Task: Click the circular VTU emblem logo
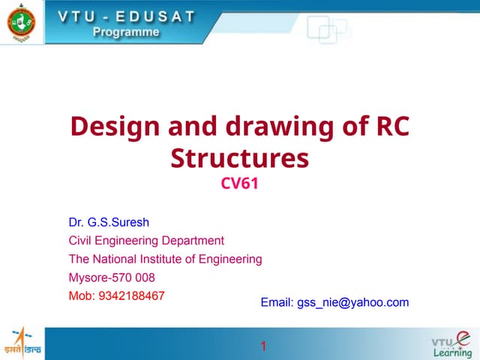(20, 22)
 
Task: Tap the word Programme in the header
(127, 31)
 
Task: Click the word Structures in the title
(239, 158)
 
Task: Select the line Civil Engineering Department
(146, 241)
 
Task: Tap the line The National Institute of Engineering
(165, 259)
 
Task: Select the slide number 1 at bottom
(263, 346)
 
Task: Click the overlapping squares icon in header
(327, 31)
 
